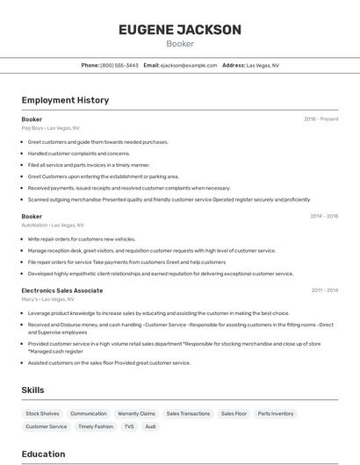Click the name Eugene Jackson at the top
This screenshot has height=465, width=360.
coord(179,30)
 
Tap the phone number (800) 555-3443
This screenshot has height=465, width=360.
coord(119,65)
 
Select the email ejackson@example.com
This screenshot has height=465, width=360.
coord(189,65)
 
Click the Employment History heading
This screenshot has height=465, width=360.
coord(65,100)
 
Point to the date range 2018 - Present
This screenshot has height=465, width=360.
coord(321,118)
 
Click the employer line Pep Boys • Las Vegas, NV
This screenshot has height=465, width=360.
coord(50,128)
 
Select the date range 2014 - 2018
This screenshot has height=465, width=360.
coord(324,216)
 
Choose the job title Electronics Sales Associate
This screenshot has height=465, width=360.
coord(61,290)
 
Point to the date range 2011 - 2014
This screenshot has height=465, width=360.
coord(325,290)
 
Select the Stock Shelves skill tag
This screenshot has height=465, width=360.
coord(42,413)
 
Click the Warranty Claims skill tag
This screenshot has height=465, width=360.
coord(136,413)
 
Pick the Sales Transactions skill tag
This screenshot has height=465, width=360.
coord(188,413)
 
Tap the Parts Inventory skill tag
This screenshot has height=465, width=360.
coord(276,413)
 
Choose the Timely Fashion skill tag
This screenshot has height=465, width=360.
coord(96,426)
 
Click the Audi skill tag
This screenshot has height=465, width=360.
coord(151,426)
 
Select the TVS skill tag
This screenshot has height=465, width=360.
coord(129,426)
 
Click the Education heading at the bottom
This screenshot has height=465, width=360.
coord(43,454)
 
